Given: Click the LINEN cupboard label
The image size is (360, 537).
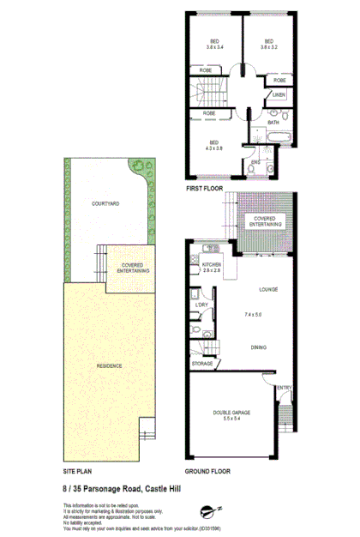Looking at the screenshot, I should point(279,94).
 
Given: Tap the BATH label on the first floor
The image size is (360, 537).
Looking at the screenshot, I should point(273,123).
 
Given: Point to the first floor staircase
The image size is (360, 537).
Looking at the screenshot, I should point(211,89).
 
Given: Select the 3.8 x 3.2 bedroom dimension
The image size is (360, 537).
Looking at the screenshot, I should point(268,49).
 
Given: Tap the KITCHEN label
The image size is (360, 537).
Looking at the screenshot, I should point(212,265).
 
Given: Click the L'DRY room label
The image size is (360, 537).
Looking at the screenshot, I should point(202,305).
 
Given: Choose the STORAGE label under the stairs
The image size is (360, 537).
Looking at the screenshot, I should point(202,364).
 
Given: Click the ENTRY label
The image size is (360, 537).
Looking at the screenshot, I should point(284,388).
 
